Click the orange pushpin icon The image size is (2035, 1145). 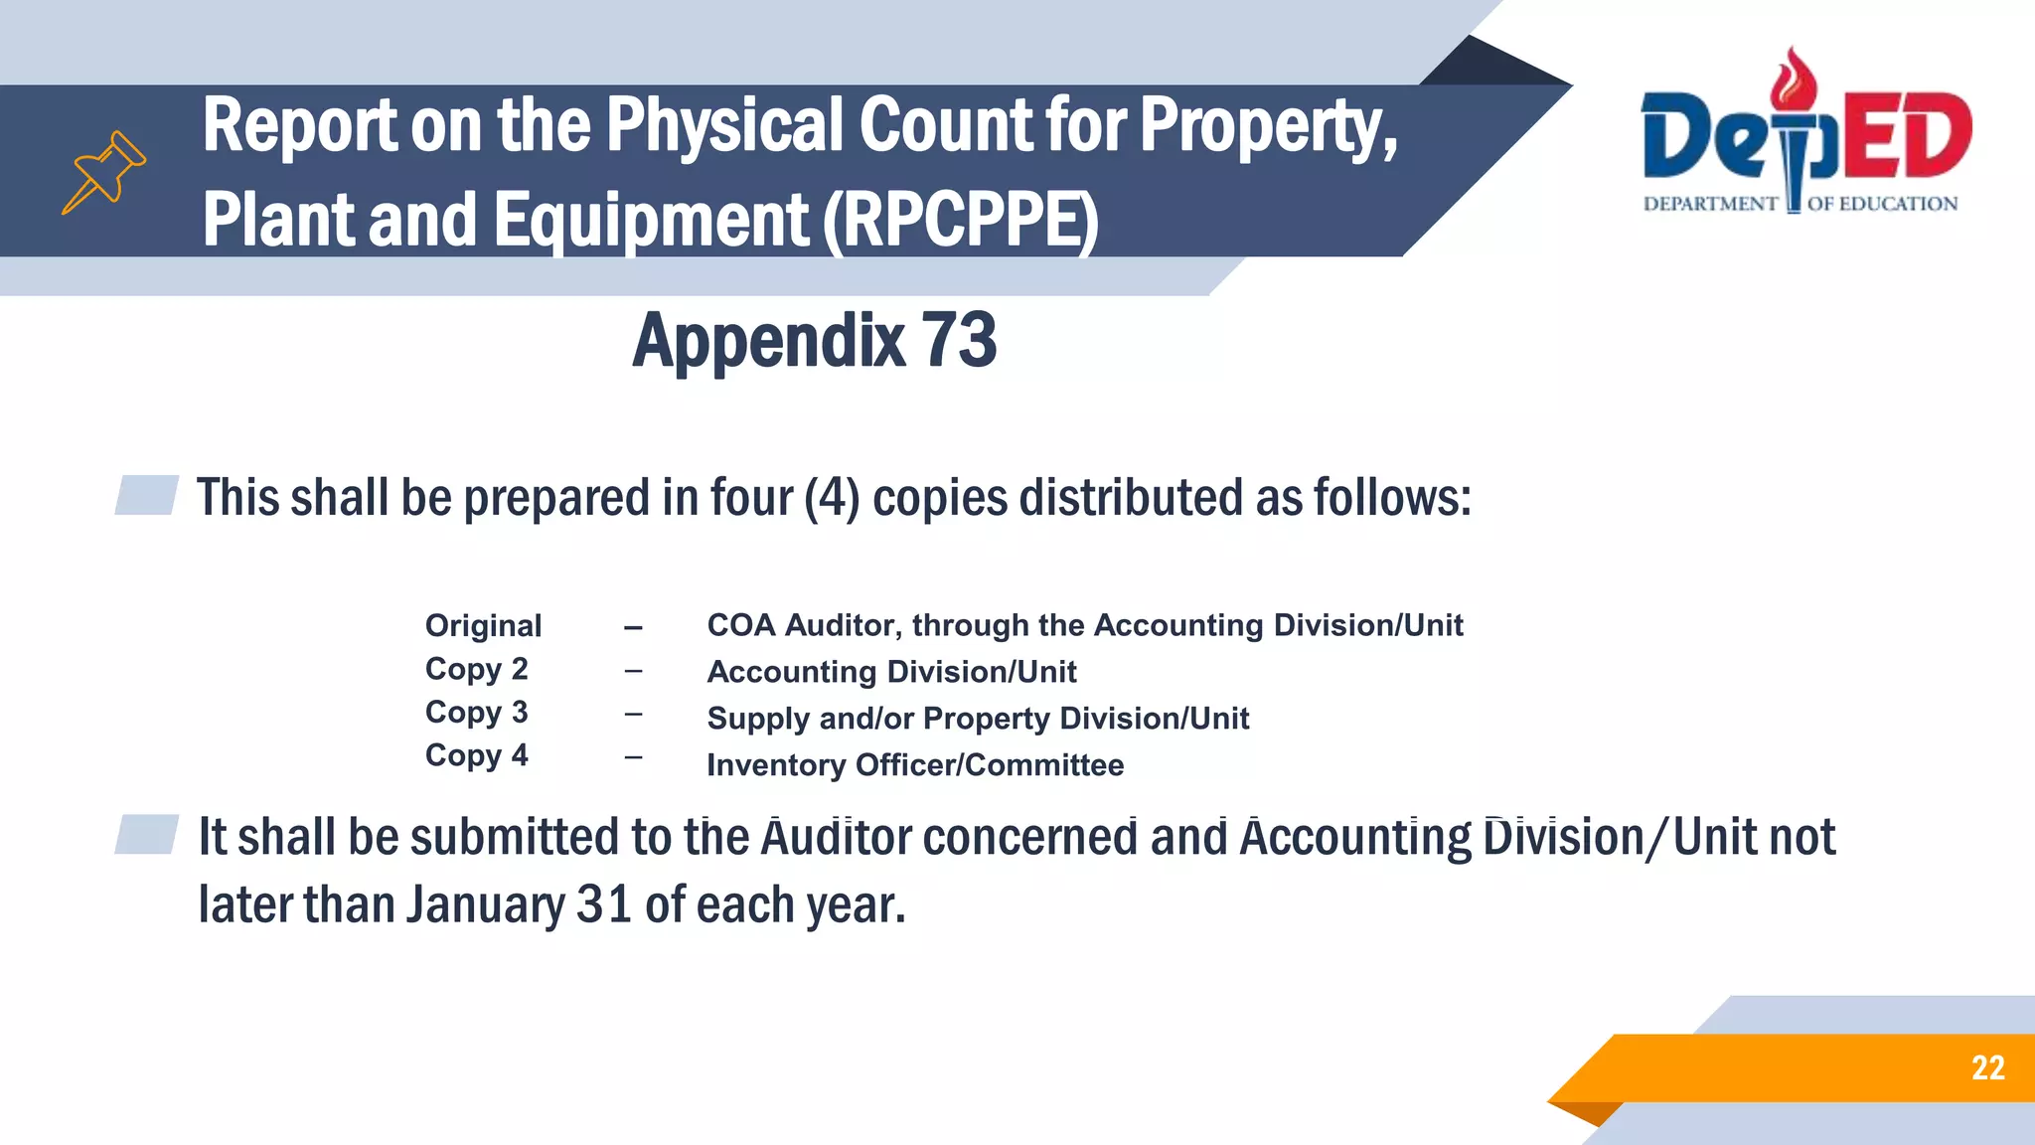pos(104,172)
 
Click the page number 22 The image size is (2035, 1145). pos(1987,1068)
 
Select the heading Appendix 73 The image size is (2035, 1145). pos(814,340)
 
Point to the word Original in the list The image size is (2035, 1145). pos(483,626)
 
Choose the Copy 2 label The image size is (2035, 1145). pos(476,670)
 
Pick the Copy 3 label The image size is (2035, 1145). pos(476,713)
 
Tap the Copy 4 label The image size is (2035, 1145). pos(476,756)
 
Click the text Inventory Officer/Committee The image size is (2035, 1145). pos(915,765)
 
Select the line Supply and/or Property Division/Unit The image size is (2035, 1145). pos(978,719)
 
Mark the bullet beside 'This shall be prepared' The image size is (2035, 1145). pos(147,495)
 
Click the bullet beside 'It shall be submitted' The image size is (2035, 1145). pos(147,834)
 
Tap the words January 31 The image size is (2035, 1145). pos(518,904)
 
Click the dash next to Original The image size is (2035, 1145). pos(633,628)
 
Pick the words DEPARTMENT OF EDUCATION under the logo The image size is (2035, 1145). pos(1800,205)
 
